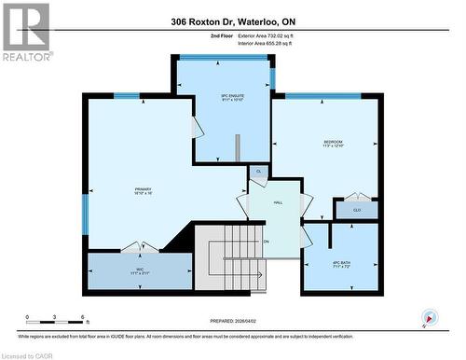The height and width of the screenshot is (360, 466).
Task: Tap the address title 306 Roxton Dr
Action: [x=232, y=21]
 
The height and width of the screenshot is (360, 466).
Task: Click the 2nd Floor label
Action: [x=198, y=35]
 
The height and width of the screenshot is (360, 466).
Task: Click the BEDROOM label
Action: [x=333, y=143]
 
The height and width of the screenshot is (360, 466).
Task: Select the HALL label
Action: [x=277, y=201]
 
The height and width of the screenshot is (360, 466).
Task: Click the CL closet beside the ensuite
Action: [x=258, y=172]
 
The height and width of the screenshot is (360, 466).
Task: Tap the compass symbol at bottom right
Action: [x=428, y=316]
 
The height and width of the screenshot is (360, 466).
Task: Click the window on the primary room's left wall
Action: [x=85, y=214]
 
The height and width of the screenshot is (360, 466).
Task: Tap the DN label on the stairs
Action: [x=266, y=242]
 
